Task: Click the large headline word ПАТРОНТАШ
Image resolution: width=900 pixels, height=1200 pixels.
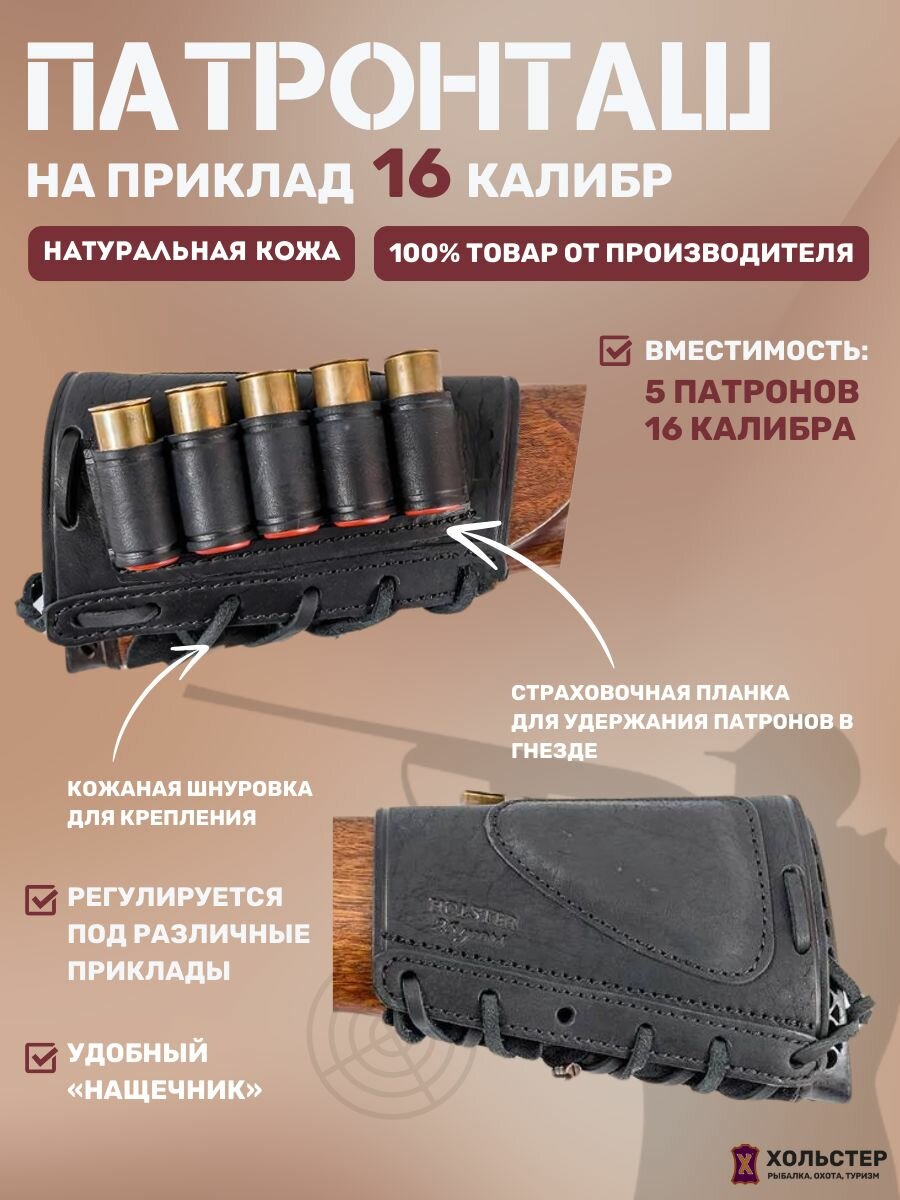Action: point(400,88)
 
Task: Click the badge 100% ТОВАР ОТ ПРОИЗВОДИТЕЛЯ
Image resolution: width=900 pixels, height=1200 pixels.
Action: point(621,252)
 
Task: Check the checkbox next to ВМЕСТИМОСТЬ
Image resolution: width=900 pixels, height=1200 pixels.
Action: point(615,352)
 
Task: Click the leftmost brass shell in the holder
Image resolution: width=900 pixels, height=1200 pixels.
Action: point(121,425)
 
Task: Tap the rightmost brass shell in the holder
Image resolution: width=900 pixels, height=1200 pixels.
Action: point(412,375)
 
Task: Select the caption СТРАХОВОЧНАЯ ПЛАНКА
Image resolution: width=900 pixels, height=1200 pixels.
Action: point(650,692)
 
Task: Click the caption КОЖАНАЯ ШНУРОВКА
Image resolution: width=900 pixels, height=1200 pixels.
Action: point(190,789)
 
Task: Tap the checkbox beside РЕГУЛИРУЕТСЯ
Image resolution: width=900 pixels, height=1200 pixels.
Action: point(40,897)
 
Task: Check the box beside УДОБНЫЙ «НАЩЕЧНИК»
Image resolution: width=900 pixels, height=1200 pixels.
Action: point(40,1055)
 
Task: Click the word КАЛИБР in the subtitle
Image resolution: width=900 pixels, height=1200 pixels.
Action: point(570,180)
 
